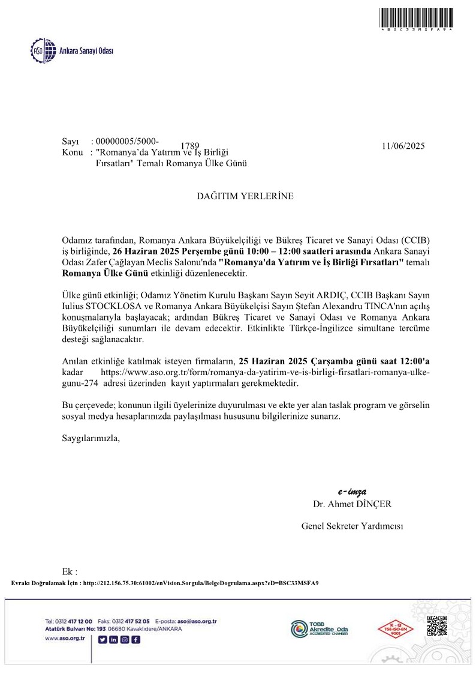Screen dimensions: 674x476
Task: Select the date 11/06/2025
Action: pyautogui.click(x=402, y=145)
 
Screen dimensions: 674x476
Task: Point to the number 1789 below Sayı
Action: pyautogui.click(x=189, y=146)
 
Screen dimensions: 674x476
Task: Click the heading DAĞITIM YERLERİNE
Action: pyautogui.click(x=245, y=196)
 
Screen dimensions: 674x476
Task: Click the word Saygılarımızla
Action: pyautogui.click(x=91, y=438)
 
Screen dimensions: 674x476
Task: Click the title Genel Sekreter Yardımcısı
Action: pyautogui.click(x=352, y=526)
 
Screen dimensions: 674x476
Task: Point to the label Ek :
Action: pyautogui.click(x=70, y=571)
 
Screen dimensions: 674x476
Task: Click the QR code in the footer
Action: pyautogui.click(x=437, y=625)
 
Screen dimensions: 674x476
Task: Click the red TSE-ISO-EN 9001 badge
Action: pyautogui.click(x=391, y=628)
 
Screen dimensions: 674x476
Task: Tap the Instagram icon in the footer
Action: pyautogui.click(x=125, y=639)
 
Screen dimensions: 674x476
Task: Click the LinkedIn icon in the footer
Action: pyautogui.click(x=113, y=639)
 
